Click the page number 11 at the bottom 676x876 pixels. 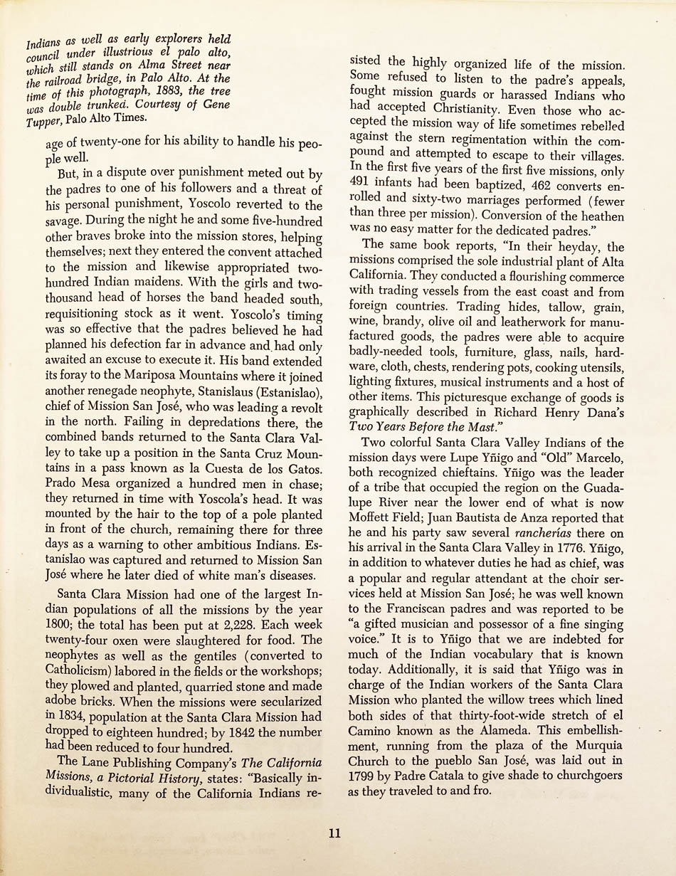point(334,833)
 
